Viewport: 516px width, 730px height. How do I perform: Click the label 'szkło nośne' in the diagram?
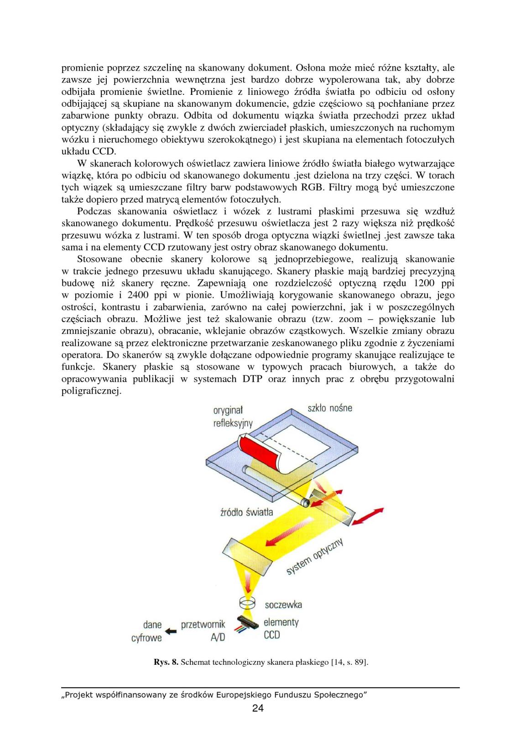click(x=327, y=407)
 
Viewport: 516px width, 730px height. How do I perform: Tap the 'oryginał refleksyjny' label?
click(x=232, y=416)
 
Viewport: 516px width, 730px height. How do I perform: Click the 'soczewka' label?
click(x=283, y=605)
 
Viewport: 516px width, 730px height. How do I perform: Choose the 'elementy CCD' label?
click(x=281, y=628)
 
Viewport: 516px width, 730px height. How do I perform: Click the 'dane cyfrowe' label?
click(x=147, y=631)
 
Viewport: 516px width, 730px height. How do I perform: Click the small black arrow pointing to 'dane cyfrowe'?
click(x=171, y=631)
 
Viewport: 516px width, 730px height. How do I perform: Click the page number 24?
click(x=258, y=709)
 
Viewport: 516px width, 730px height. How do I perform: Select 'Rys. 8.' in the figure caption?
click(x=166, y=662)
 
